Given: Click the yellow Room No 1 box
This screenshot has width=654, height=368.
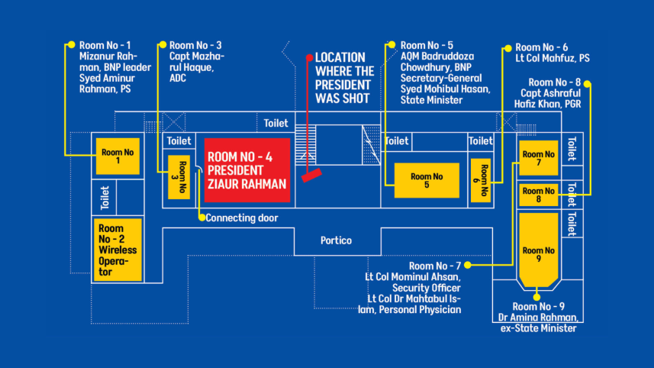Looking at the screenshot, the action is coord(118,156).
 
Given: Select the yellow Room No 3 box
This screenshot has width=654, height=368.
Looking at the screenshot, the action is coord(179,177).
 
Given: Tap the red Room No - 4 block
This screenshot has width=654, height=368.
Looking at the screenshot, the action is coord(247,170).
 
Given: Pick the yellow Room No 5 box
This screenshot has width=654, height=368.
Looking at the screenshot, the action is coord(427,180).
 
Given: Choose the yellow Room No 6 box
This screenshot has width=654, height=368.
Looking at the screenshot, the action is coord(481,180).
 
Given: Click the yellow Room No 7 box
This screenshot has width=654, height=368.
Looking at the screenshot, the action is coord(539,158).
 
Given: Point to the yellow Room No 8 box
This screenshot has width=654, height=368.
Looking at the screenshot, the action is coord(539,195).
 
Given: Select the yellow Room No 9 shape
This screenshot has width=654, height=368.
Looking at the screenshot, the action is coord(539,250).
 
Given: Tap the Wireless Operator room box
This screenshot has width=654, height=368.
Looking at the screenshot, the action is coord(118,250).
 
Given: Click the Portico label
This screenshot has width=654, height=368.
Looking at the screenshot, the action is coord(336,240).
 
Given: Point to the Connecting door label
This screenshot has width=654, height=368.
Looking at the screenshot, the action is coord(242,218).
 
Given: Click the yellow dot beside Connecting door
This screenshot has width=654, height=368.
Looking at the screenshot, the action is coord(202,218).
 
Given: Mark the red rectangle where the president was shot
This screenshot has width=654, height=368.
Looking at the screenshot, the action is coord(311,176).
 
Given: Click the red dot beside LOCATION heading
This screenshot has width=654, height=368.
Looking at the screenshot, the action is coord(310,57).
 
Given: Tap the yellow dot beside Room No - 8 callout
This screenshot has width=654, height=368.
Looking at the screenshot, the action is coord(588,84).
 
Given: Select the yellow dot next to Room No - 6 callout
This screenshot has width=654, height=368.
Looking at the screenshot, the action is coord(508,48).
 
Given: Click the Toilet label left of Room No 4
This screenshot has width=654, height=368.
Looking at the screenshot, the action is coord(179,141).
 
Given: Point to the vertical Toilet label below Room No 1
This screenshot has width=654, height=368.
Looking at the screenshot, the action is coord(105,197).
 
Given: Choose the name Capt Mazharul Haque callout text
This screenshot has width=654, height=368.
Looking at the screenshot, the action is coord(196,62).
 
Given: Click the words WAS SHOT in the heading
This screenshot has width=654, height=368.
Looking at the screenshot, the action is coord(342,98).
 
